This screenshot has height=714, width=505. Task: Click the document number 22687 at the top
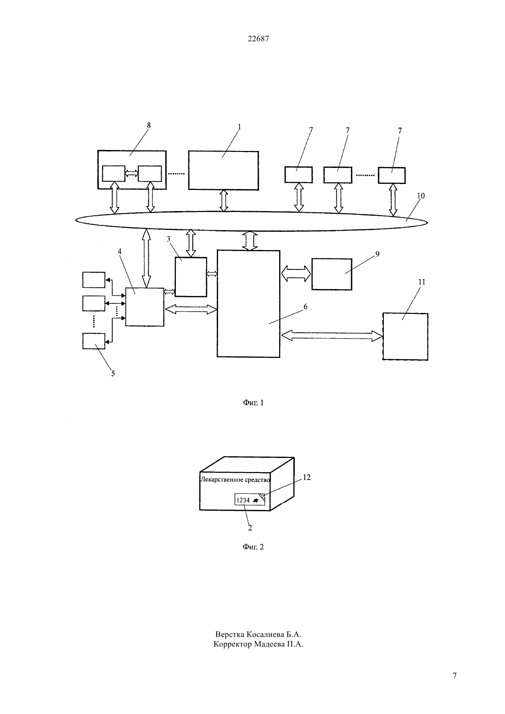[x=258, y=39]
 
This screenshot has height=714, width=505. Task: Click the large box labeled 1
[x=223, y=171]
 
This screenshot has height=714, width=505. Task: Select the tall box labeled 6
[x=248, y=304]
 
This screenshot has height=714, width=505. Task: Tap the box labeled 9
[x=331, y=274]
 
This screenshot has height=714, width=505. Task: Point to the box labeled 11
[x=405, y=337]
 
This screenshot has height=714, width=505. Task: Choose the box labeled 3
[x=191, y=277]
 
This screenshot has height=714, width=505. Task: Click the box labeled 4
[x=145, y=307]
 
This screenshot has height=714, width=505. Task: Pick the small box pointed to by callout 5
[x=94, y=341]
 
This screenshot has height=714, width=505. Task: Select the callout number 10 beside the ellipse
[x=421, y=196]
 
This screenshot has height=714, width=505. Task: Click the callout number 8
[x=149, y=125]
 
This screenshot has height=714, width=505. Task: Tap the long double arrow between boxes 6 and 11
[x=332, y=335]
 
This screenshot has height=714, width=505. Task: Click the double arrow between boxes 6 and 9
[x=296, y=274]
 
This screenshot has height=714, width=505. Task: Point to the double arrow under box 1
[x=224, y=201]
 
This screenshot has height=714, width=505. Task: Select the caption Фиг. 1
[x=253, y=402]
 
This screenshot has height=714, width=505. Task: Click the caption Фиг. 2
[x=253, y=547]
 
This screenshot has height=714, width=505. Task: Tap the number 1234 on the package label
[x=243, y=500]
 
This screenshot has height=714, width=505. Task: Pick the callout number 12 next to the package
[x=306, y=477]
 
